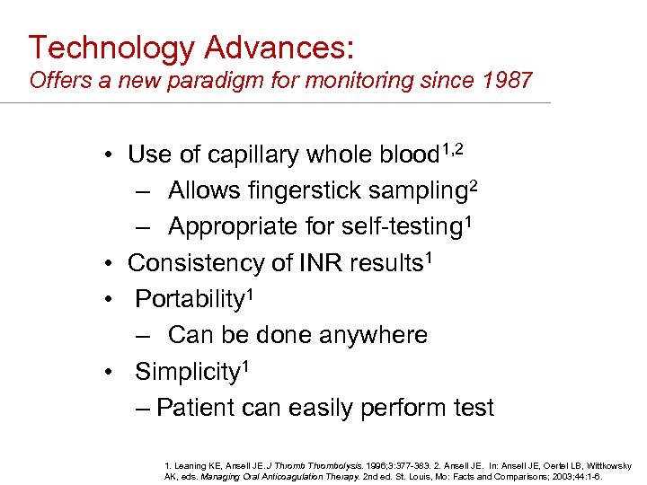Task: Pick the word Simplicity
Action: coord(185,371)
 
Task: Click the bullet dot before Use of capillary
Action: coord(107,155)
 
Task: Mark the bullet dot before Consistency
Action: coord(107,264)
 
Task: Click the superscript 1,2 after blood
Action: coord(452,146)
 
